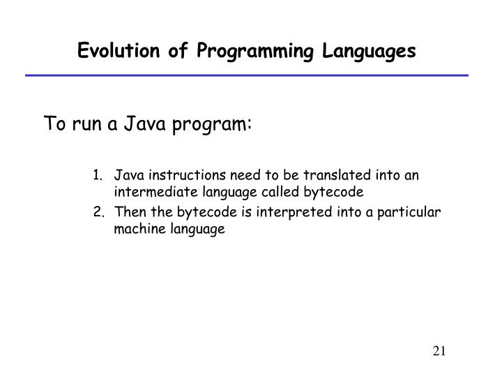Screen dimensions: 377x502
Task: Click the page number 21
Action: click(439, 350)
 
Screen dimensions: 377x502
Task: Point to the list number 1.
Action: click(98, 175)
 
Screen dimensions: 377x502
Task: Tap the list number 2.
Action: click(98, 212)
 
